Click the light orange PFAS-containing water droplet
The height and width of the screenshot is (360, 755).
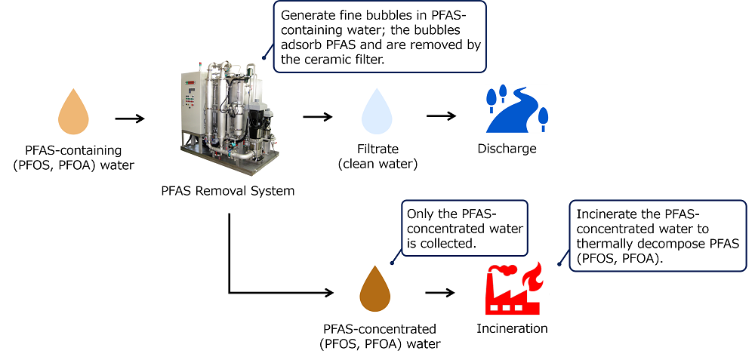click(74, 112)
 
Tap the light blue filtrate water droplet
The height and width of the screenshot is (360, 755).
click(377, 112)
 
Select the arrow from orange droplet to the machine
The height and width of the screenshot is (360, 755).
click(129, 118)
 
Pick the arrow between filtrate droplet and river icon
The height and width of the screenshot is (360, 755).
click(442, 116)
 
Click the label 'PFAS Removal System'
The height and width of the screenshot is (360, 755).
click(227, 191)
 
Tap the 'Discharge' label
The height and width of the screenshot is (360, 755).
click(507, 149)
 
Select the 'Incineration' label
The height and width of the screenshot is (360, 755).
click(512, 328)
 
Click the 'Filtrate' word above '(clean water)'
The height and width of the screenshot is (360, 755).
click(377, 149)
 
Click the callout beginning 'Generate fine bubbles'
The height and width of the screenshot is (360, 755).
click(380, 37)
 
